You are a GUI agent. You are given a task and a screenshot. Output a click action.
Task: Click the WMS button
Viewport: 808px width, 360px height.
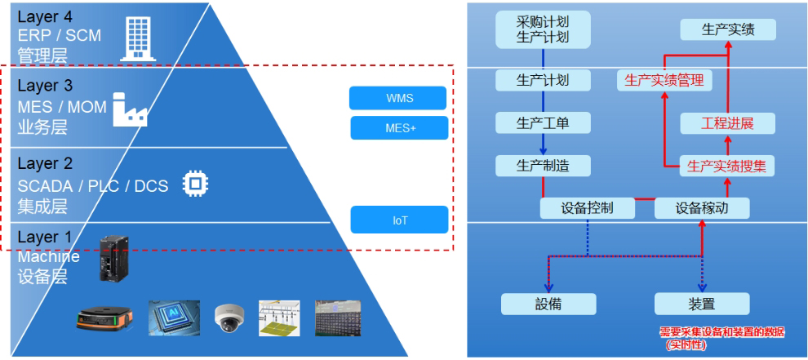tap(397, 98)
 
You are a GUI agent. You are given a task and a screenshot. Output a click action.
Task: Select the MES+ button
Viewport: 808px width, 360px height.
tap(399, 128)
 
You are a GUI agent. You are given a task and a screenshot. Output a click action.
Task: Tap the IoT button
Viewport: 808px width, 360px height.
tap(399, 220)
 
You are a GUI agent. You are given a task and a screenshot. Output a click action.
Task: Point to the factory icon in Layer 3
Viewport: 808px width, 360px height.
tap(130, 110)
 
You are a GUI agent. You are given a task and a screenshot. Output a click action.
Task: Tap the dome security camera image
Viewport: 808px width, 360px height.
tap(228, 317)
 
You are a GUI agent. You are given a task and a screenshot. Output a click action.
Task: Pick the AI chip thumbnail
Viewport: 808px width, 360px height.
tap(174, 318)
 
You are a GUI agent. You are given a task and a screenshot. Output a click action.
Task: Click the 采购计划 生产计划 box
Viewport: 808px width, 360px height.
tap(543, 29)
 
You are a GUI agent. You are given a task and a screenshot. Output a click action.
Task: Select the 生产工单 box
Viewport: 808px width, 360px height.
tap(543, 123)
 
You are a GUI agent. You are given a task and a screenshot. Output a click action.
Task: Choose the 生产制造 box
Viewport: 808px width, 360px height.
tap(543, 166)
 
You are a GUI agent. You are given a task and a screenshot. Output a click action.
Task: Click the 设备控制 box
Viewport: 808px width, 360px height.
tap(587, 208)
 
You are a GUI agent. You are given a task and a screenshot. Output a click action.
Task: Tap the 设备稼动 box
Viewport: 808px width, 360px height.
tap(701, 208)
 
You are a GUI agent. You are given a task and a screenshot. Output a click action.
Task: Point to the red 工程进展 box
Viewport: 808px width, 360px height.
tap(727, 123)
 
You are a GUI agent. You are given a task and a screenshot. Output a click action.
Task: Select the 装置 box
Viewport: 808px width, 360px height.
tap(701, 304)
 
